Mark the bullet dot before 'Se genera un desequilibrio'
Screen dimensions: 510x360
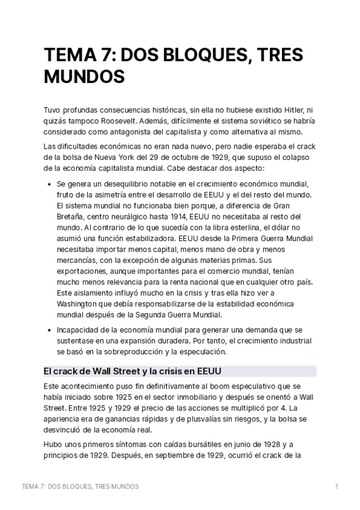(48, 184)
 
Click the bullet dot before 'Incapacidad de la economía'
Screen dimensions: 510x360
(48, 330)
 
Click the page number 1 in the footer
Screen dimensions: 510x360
(337, 487)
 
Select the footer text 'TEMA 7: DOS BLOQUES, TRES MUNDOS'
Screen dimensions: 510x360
(80, 487)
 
